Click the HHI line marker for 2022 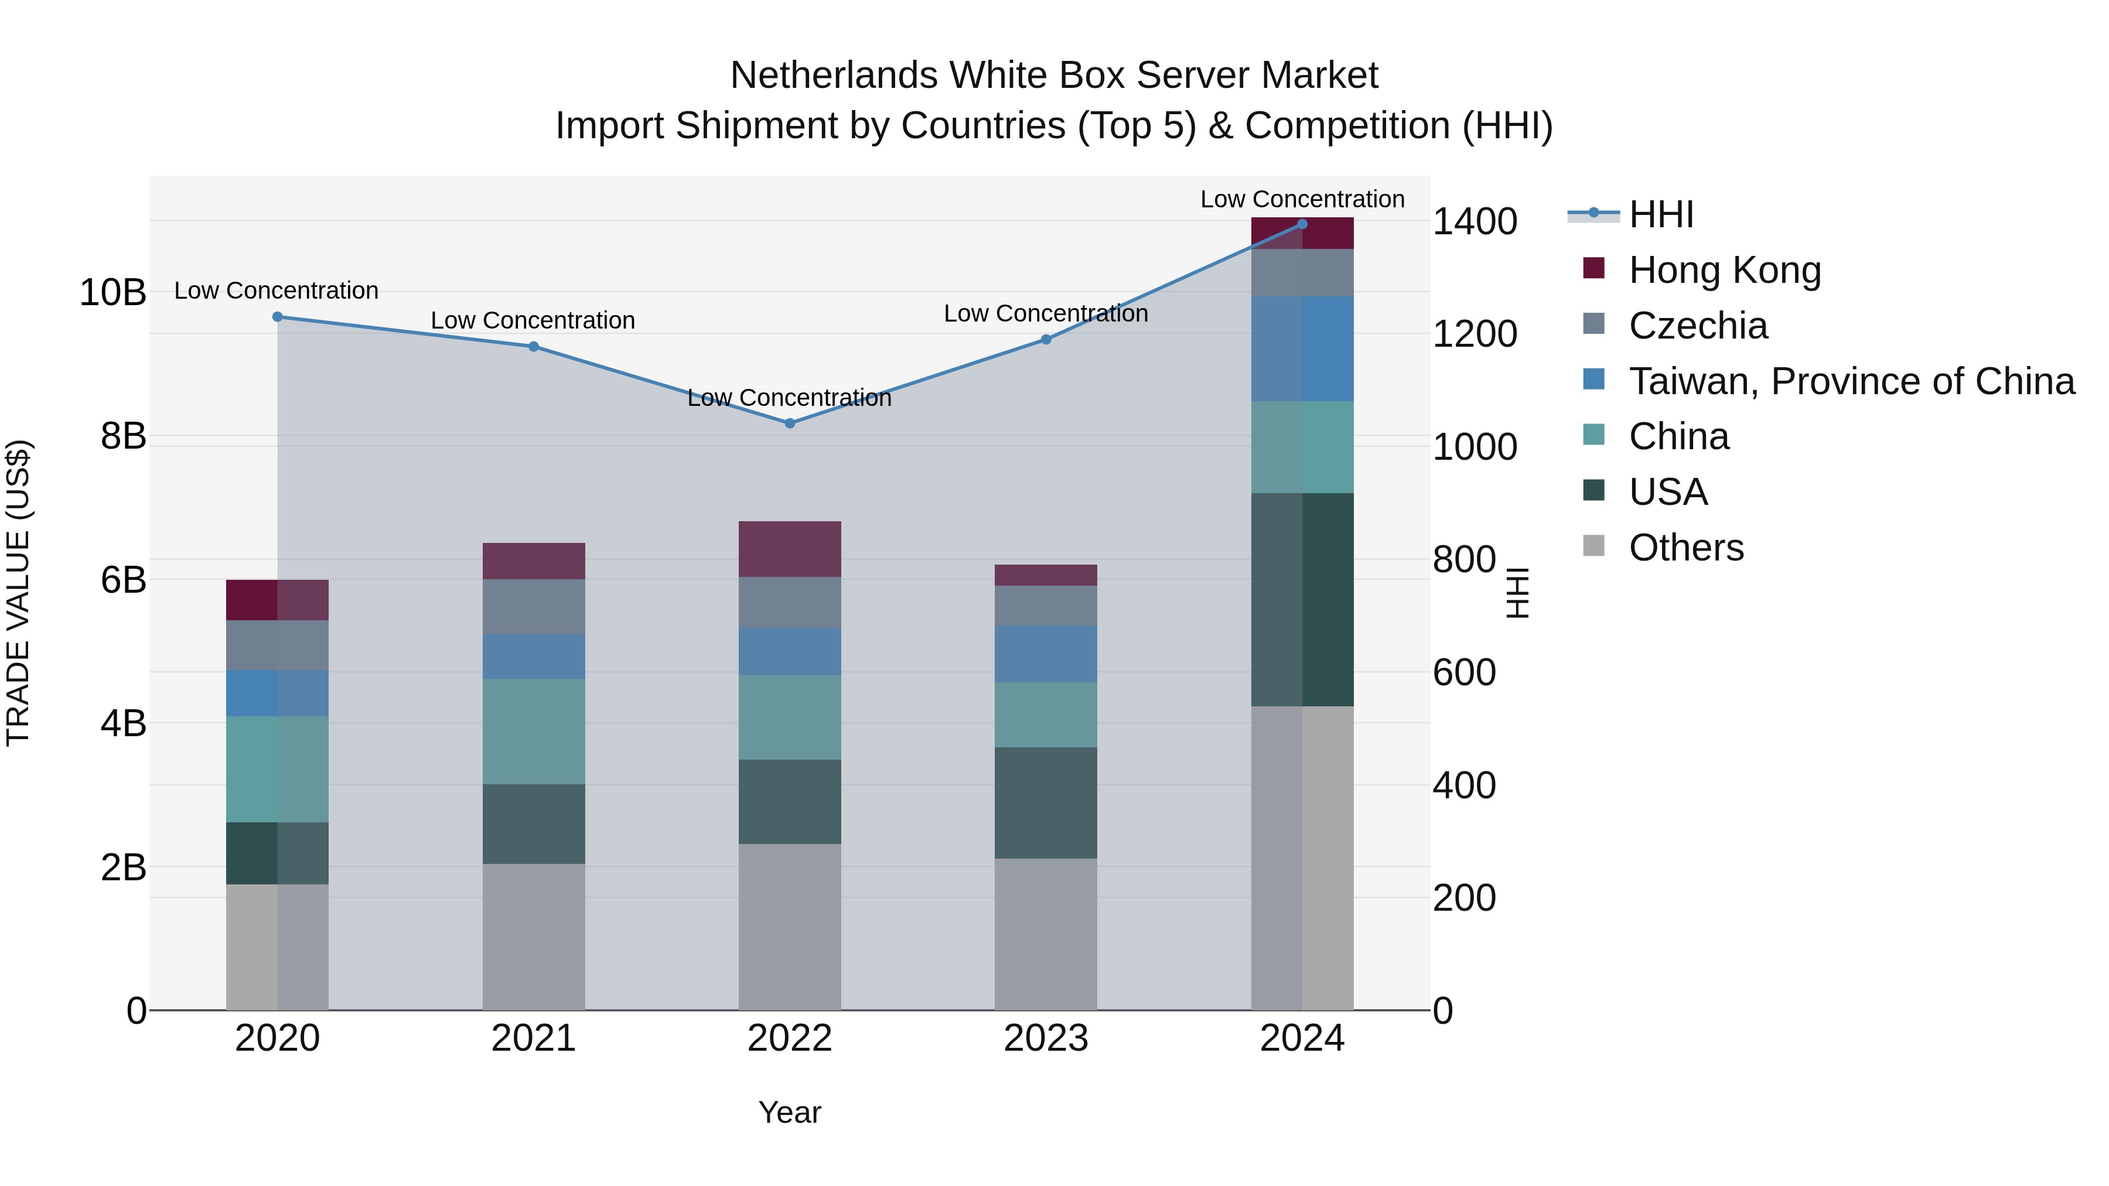pos(789,423)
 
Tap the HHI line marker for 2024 pos(1302,224)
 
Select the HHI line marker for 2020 pos(278,317)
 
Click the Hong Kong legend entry pos(1724,270)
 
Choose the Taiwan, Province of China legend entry pos(1850,381)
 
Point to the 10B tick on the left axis pos(112,292)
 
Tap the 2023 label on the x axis pos(1046,1038)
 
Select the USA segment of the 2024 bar pos(1302,599)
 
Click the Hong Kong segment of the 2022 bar pos(789,549)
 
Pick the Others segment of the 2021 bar pos(533,937)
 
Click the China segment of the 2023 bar pos(1046,715)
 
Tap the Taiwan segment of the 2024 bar pos(1302,348)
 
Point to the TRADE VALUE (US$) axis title pos(18,593)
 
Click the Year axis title pos(789,1112)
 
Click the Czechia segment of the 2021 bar pos(533,607)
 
